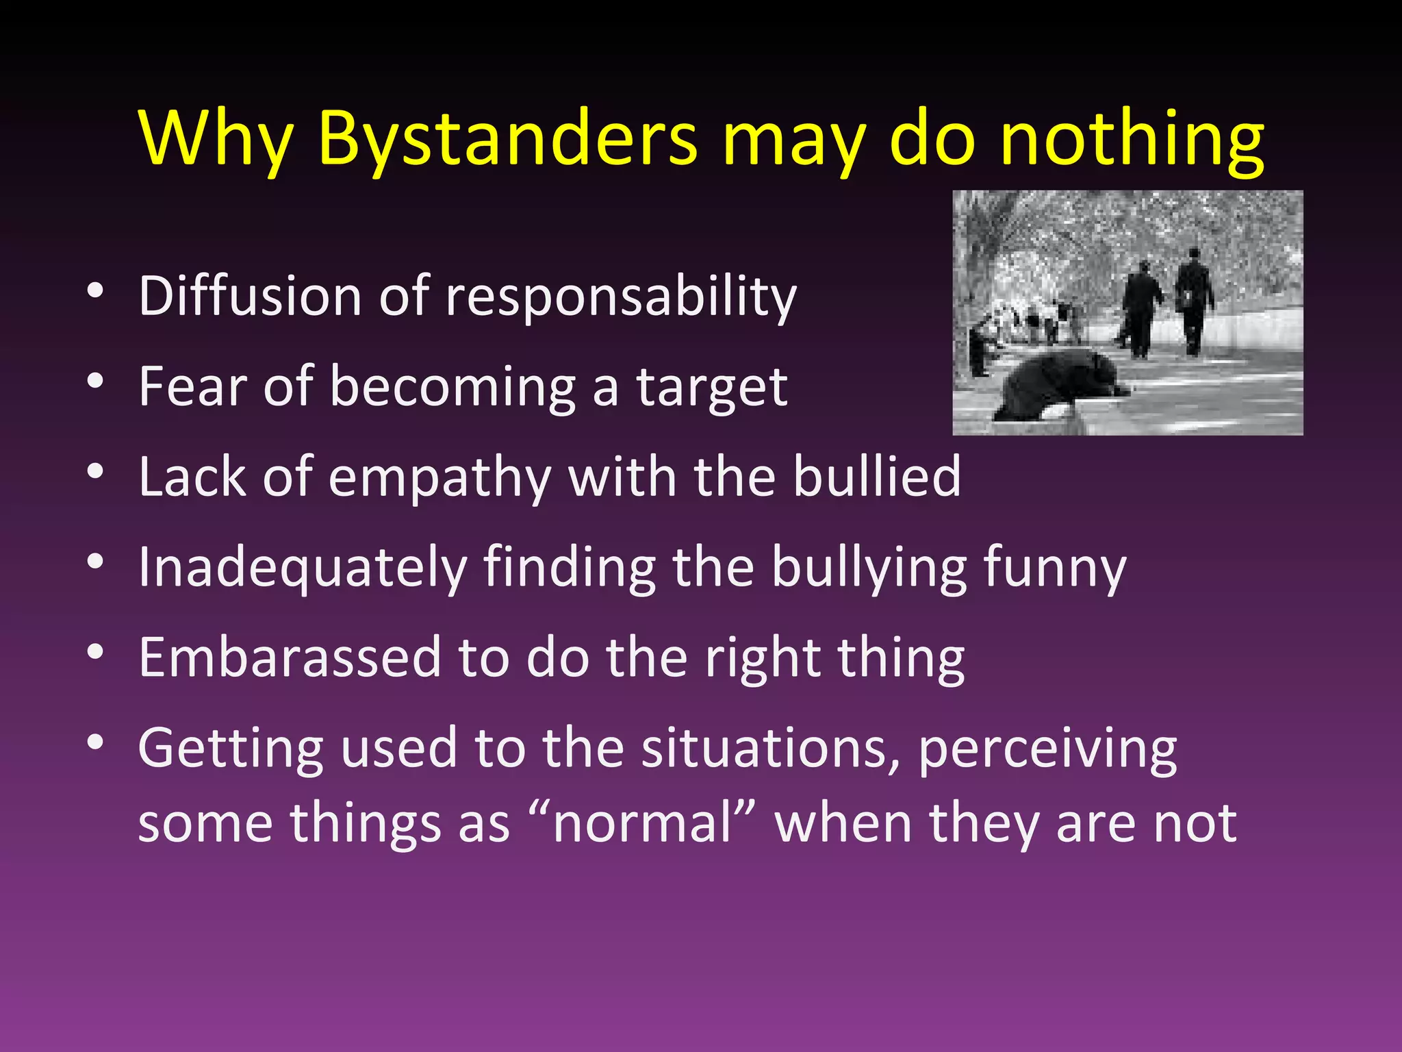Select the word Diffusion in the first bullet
[x=250, y=297]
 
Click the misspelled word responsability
[x=621, y=297]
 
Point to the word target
[x=712, y=387]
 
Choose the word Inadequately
[x=303, y=568]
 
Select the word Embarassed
[x=290, y=657]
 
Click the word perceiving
[x=1047, y=749]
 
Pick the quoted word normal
[x=643, y=823]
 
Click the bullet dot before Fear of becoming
[x=95, y=381]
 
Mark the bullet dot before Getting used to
[x=95, y=742]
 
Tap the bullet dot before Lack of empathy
[x=95, y=472]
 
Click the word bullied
[x=877, y=477]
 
